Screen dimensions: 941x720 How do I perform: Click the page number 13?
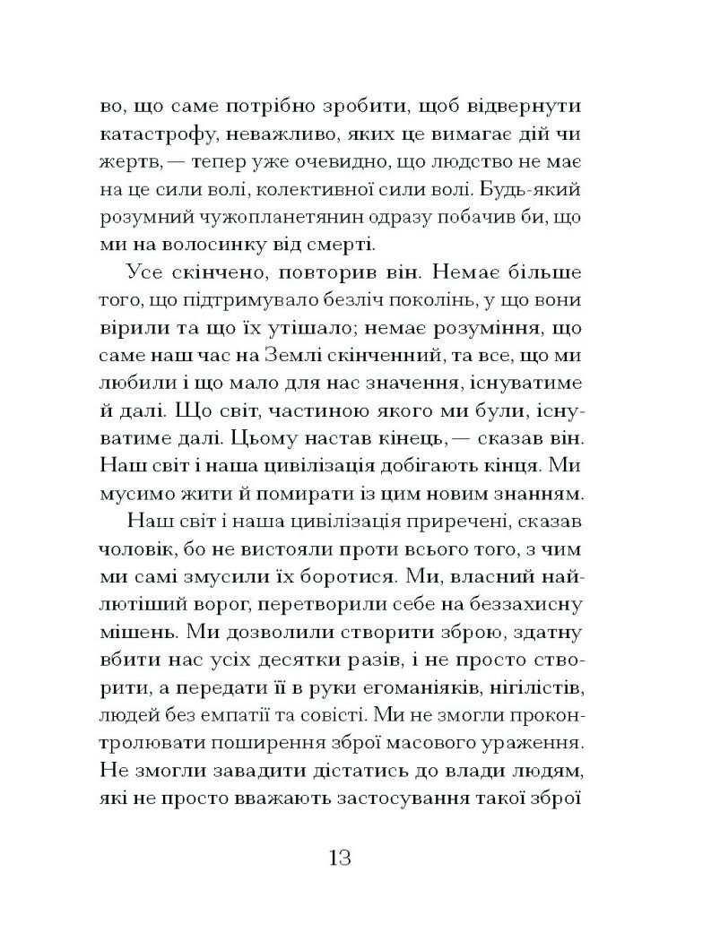360,858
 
